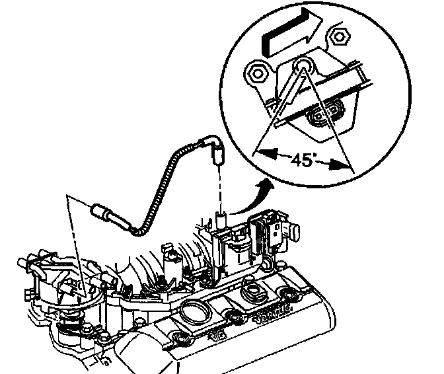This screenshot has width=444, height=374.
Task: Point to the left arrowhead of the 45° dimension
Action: (x=261, y=153)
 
